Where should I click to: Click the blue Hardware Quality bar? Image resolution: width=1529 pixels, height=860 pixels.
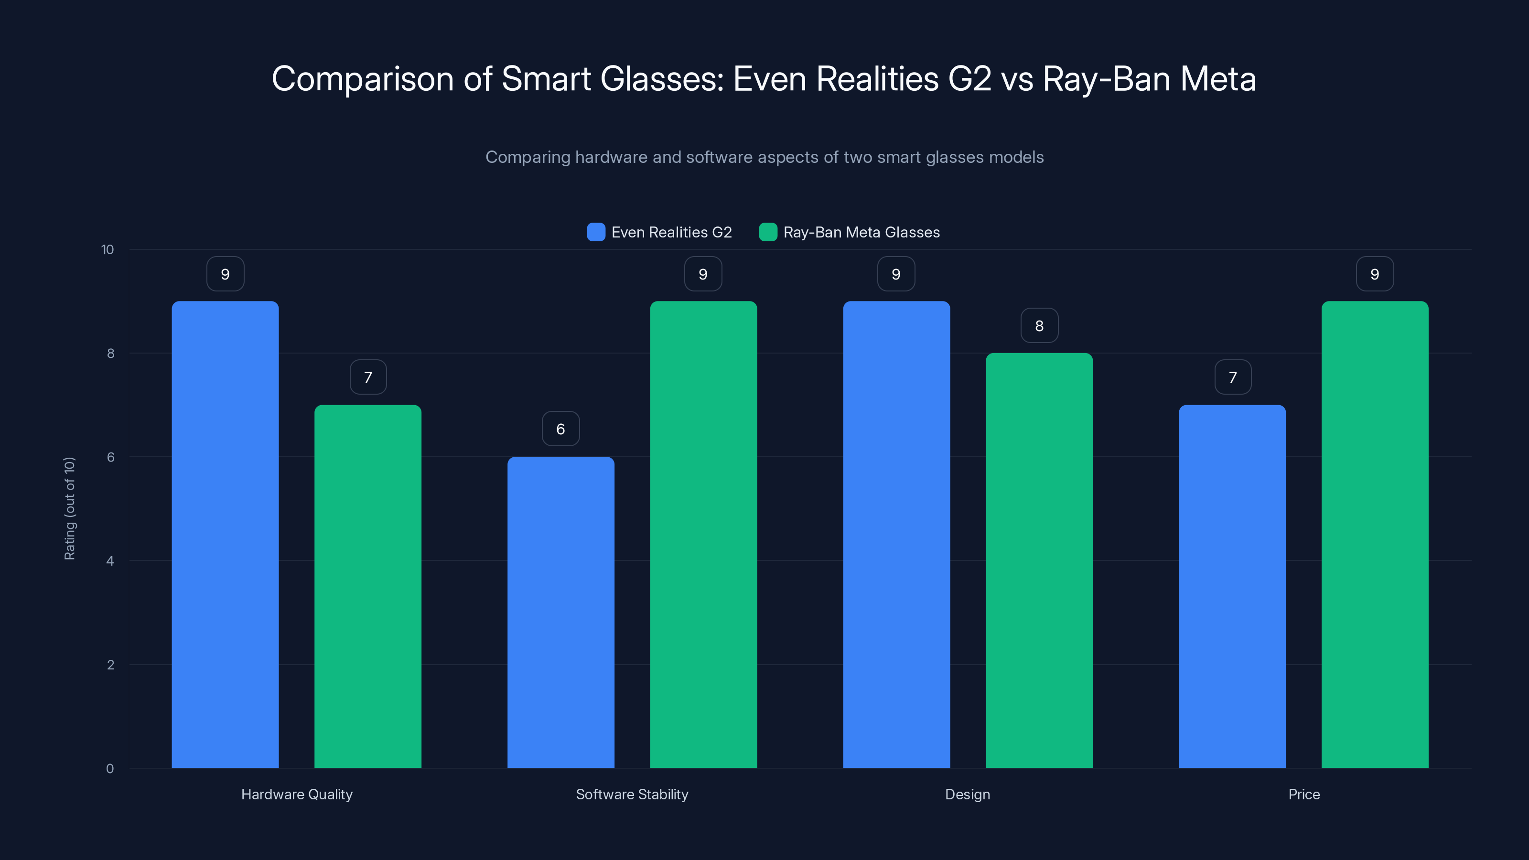225,534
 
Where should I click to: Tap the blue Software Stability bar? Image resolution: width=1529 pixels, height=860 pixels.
560,612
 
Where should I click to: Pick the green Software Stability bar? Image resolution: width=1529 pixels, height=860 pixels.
703,534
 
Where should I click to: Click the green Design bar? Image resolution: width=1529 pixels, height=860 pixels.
1039,560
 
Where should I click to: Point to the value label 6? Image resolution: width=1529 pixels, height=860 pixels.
560,429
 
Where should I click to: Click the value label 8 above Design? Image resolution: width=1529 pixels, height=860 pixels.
1039,325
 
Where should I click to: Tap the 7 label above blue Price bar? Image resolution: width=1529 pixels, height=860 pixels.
1232,377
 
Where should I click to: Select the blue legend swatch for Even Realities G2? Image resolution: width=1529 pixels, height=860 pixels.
596,232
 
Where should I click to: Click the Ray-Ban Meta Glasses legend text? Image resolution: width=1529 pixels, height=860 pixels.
861,232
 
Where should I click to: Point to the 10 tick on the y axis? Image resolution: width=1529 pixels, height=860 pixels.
108,249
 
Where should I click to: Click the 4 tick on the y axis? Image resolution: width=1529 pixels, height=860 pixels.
110,561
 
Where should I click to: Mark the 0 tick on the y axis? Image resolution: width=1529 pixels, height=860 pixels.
110,769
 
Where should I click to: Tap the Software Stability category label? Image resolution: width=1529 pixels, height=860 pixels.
632,794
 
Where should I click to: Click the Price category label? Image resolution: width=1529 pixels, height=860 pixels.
1303,794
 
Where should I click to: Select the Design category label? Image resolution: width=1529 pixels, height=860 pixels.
967,794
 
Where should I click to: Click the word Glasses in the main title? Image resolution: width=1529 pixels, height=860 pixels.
661,78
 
